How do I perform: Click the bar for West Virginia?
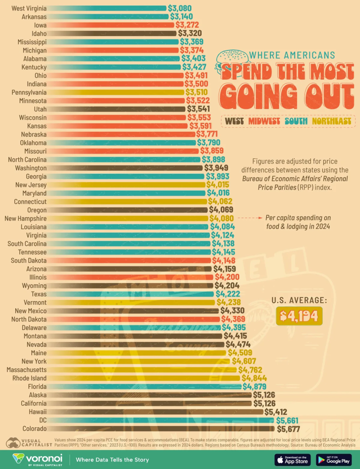tap(108, 8)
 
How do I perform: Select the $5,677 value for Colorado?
tap(288, 429)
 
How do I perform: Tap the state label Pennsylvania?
tap(29, 92)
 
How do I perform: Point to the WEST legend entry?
tap(234, 121)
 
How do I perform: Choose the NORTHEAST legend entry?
tap(331, 121)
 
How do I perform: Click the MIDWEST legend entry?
tap(264, 121)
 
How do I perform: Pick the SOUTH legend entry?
tap(296, 121)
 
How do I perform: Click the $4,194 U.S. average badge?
tap(299, 316)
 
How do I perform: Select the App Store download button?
tap(292, 460)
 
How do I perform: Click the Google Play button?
tap(334, 460)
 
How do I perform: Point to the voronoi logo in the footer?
tap(37, 459)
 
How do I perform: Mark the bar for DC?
tap(161, 420)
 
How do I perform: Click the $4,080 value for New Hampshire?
tap(222, 218)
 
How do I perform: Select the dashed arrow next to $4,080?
tap(250, 218)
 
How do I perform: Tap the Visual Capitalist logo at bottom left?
tap(29, 443)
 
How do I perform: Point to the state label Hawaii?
tap(38, 412)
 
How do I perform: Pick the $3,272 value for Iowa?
tap(187, 25)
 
